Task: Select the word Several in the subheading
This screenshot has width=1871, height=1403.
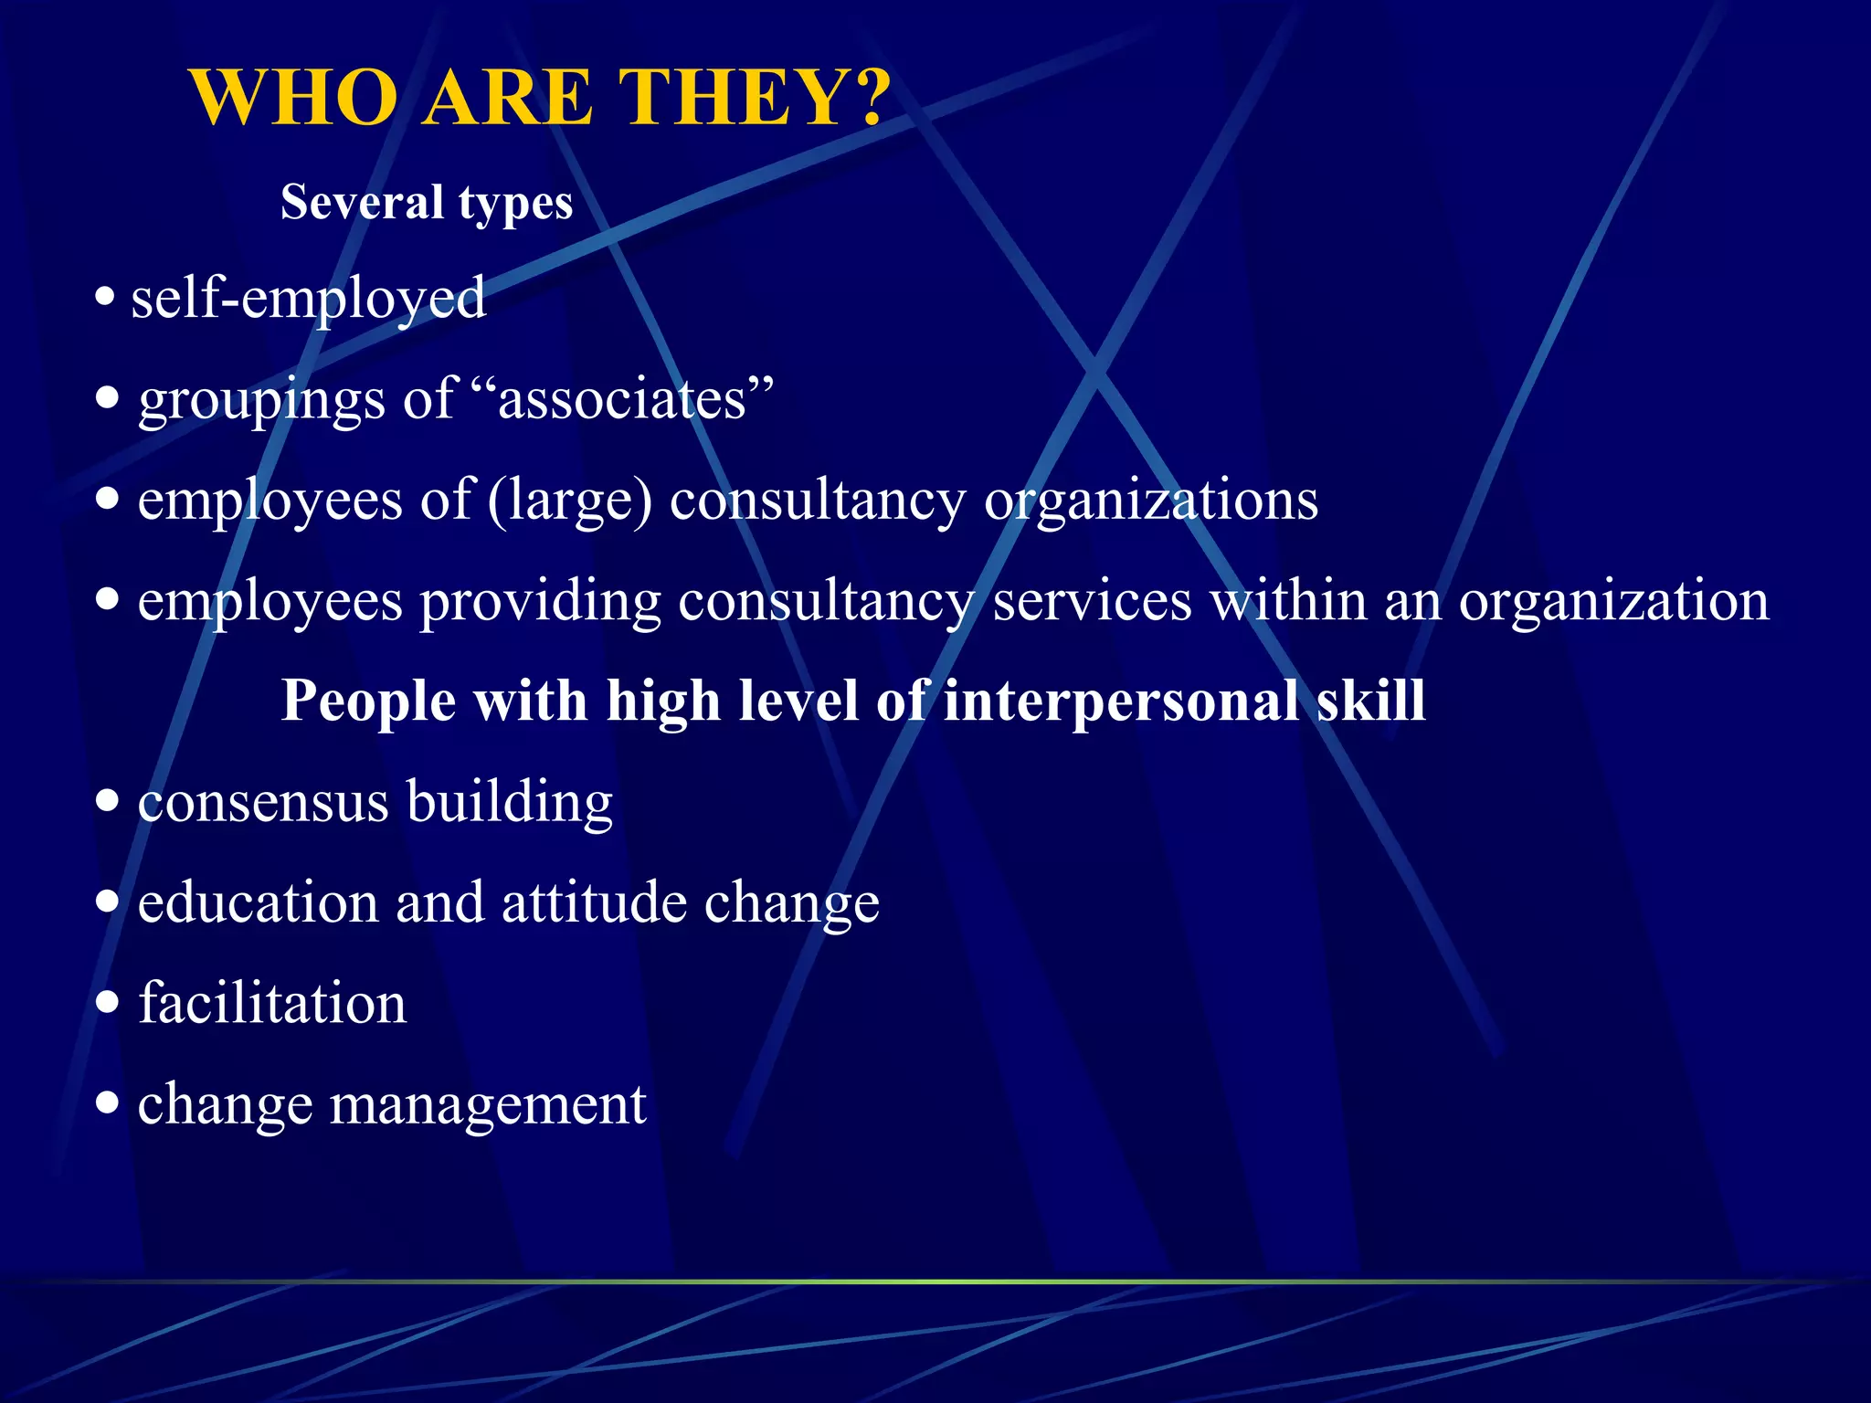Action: pyautogui.click(x=362, y=202)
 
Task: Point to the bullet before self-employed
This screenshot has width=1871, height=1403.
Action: pyautogui.click(x=106, y=297)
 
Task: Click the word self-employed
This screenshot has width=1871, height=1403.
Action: pyautogui.click(x=309, y=299)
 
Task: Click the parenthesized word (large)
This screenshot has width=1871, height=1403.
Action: pyautogui.click(x=570, y=501)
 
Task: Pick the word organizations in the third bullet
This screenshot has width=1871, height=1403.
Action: pyautogui.click(x=1151, y=501)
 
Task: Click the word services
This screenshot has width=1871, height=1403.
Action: pyautogui.click(x=1092, y=601)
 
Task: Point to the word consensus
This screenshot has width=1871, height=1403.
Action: pyautogui.click(x=263, y=802)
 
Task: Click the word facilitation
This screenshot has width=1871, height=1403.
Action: pyautogui.click(x=272, y=1003)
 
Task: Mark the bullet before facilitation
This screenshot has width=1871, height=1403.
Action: pyautogui.click(x=108, y=1003)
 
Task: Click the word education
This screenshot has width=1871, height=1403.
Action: pyautogui.click(x=258, y=902)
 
